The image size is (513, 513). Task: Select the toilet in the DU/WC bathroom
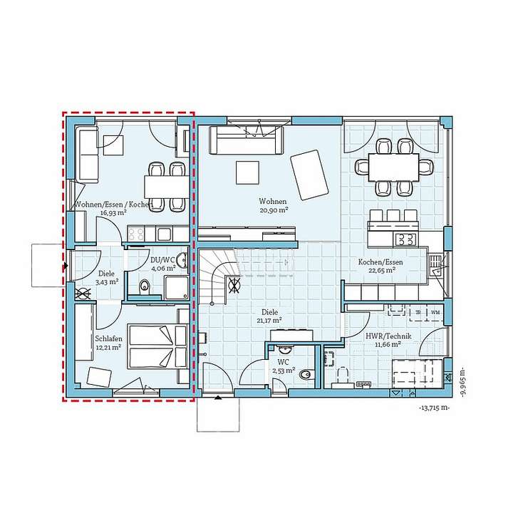pyautogui.click(x=145, y=287)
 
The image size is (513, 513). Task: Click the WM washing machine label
pyautogui.click(x=435, y=312)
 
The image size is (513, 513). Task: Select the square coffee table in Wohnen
pyautogui.click(x=247, y=172)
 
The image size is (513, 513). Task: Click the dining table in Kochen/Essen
pyautogui.click(x=393, y=167)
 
